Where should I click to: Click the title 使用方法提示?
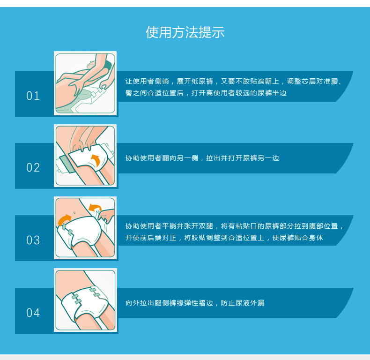(x=185, y=32)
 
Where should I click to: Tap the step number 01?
(x=33, y=96)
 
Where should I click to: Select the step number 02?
(x=33, y=168)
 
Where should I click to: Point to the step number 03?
(x=33, y=240)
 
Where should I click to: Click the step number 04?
(x=33, y=313)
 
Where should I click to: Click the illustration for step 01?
(x=85, y=83)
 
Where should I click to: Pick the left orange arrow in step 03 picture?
(x=64, y=220)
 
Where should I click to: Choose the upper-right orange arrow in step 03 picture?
(x=95, y=208)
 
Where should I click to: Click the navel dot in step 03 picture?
(x=74, y=213)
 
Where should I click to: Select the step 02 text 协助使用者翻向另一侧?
(x=162, y=158)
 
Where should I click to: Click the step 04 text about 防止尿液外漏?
(x=243, y=303)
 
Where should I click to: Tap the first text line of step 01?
(x=234, y=81)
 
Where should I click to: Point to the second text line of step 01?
(x=206, y=93)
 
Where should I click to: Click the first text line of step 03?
(x=234, y=226)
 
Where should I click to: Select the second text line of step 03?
(x=224, y=238)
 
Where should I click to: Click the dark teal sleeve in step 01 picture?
(x=108, y=65)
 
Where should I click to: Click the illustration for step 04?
(x=85, y=300)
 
